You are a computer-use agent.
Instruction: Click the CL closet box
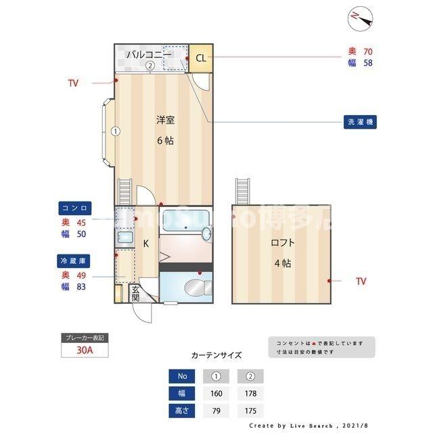pos(200,58)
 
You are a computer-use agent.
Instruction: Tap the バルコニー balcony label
pos(143,53)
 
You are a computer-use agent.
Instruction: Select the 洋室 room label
pos(165,120)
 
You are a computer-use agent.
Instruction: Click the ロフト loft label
pos(283,242)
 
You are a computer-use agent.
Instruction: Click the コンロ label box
pos(75,208)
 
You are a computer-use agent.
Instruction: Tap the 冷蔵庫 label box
pos(75,260)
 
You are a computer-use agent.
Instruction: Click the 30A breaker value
pos(85,350)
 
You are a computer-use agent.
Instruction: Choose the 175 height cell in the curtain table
pos(250,411)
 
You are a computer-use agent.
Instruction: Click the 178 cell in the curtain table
pos(250,394)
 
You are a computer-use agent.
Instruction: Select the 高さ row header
pos(182,411)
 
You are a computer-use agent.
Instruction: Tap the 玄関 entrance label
pos(135,293)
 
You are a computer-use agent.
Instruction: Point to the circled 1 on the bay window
pos(116,131)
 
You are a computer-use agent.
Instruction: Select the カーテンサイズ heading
pos(216,355)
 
